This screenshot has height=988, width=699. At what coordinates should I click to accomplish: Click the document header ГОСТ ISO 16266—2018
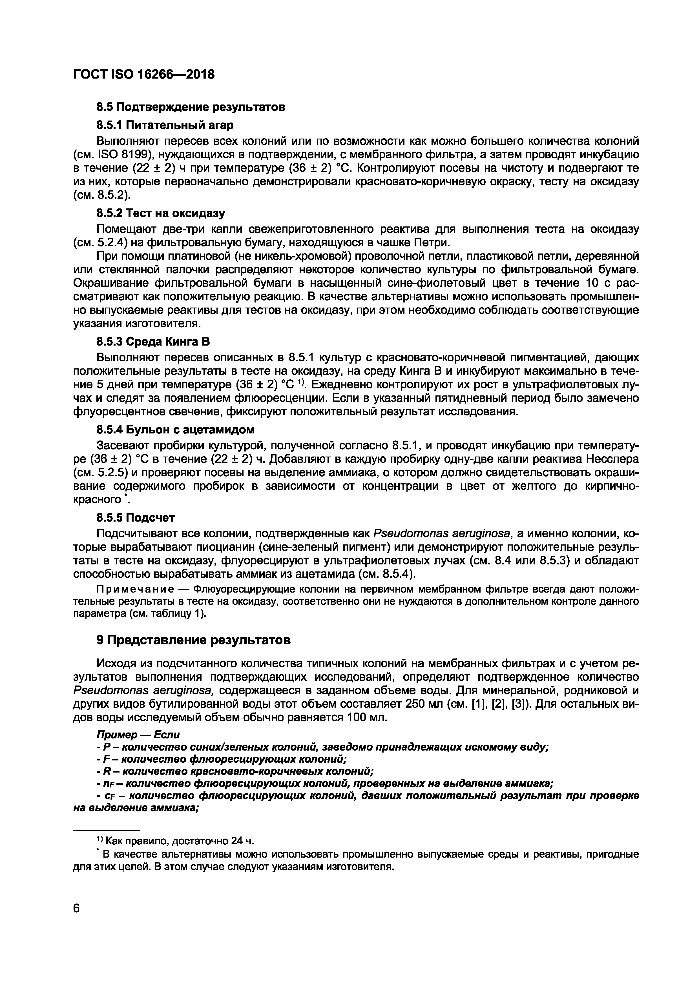[144, 74]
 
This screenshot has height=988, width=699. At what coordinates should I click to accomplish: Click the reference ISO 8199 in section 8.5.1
[118, 154]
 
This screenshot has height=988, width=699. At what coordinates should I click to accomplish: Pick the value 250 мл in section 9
[427, 704]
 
